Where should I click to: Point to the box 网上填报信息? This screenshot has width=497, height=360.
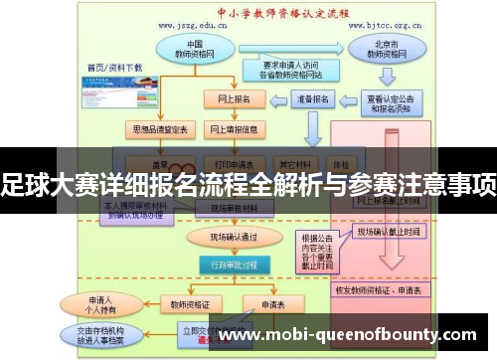pyautogui.click(x=235, y=129)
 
